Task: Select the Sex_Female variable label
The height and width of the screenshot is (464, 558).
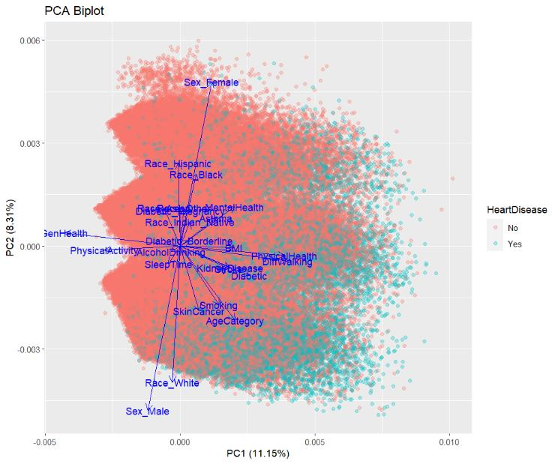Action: pyautogui.click(x=211, y=82)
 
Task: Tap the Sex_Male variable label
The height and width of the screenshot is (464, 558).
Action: pyautogui.click(x=147, y=411)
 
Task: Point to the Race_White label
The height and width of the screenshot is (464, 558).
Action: pyautogui.click(x=172, y=383)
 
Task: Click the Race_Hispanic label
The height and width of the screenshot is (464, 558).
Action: pyautogui.click(x=178, y=163)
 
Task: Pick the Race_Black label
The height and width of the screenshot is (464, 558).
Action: pyautogui.click(x=196, y=175)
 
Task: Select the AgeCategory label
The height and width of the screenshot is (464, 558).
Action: pyautogui.click(x=235, y=321)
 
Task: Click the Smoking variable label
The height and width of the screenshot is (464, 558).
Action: pyautogui.click(x=218, y=305)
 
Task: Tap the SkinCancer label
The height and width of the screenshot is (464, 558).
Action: pyautogui.click(x=193, y=311)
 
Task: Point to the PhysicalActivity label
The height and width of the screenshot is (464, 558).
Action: pyautogui.click(x=104, y=250)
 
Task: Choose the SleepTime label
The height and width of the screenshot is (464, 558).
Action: pyautogui.click(x=168, y=264)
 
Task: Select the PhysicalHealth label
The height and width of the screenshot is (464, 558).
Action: pyautogui.click(x=283, y=256)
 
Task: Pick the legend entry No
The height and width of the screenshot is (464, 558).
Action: pyautogui.click(x=513, y=228)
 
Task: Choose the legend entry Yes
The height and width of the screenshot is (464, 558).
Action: pyautogui.click(x=514, y=244)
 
